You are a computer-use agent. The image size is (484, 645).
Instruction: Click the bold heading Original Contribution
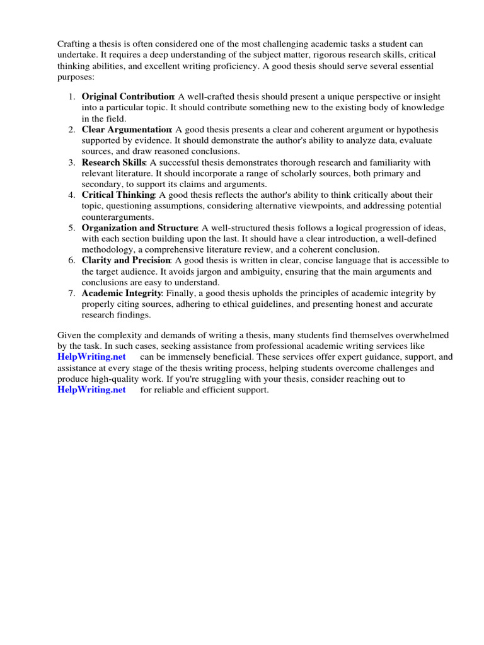point(127,96)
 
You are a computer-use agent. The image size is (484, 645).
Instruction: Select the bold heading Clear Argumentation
point(127,129)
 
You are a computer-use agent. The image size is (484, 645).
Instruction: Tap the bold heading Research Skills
point(113,162)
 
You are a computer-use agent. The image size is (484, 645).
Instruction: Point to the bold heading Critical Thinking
point(118,195)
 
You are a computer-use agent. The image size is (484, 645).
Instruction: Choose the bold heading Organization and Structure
point(139,227)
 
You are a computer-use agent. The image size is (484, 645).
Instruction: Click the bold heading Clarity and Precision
point(126,260)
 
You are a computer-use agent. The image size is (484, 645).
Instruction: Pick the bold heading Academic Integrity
point(122,293)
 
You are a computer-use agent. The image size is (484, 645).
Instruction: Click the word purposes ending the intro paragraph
point(75,76)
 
